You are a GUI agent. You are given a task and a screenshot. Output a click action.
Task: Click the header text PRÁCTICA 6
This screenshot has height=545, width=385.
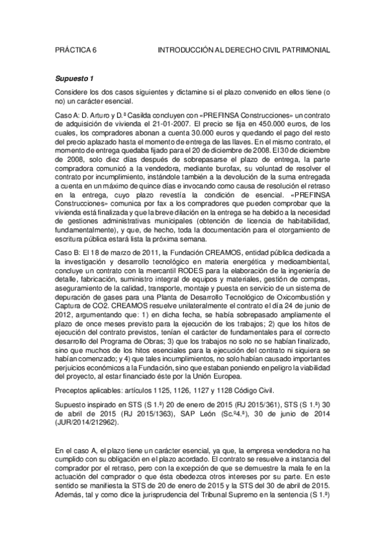(75, 49)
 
